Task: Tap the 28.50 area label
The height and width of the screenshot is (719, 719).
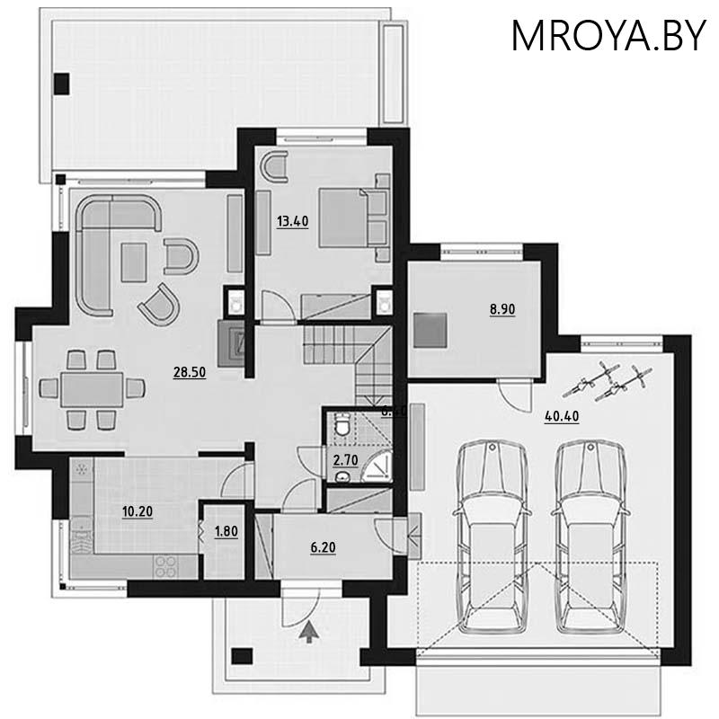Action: [x=191, y=372]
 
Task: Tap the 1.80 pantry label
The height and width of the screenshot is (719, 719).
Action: [x=226, y=530]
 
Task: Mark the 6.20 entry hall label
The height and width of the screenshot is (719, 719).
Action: [x=323, y=546]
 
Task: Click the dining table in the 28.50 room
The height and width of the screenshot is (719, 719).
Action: [x=92, y=389]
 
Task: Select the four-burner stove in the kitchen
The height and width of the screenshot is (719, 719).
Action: [x=165, y=565]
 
